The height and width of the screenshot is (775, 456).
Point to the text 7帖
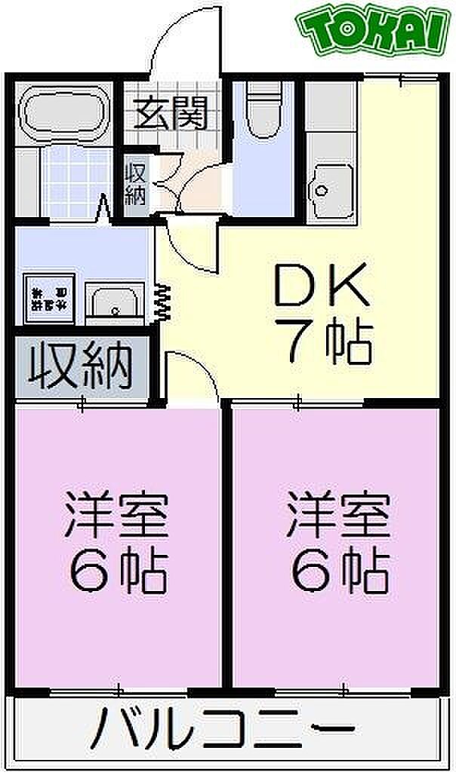325,344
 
